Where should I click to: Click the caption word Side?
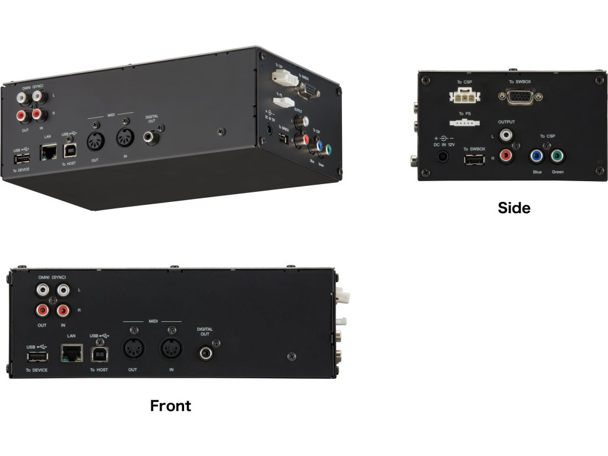[x=514, y=208]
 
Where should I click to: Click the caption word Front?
[x=170, y=406]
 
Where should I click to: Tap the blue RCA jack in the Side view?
[x=537, y=157]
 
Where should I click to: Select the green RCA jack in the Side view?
[x=557, y=157]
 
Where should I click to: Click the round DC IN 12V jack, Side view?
[x=443, y=157]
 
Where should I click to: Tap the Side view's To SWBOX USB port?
[x=474, y=159]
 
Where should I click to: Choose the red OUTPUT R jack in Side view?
[x=506, y=157]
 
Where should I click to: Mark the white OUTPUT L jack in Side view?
[x=506, y=136]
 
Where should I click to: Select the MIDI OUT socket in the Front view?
[x=133, y=348]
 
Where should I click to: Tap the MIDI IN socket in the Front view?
[x=171, y=348]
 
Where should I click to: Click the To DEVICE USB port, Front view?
[x=36, y=356]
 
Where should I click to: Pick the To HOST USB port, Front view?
[x=99, y=354]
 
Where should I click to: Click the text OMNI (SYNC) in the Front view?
[x=51, y=278]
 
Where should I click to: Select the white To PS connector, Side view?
[x=465, y=122]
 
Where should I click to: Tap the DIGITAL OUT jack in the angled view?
[x=151, y=137]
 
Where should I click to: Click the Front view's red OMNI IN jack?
[x=63, y=310]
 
